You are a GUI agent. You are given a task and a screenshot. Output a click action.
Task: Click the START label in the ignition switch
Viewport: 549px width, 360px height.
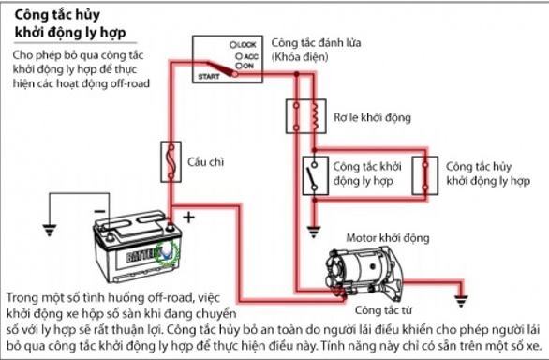coord(209,77)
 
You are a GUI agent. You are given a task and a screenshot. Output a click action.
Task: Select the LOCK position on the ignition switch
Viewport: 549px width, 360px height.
coord(243,45)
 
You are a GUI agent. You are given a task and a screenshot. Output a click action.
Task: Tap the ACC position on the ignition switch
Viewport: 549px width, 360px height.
coord(247,56)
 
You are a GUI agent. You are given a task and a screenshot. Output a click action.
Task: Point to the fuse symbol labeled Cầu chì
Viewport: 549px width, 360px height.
coord(171,161)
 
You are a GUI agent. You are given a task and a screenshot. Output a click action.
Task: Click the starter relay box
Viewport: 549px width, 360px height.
coord(306,116)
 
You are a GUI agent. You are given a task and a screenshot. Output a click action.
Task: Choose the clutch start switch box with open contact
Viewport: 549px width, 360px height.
coord(315,175)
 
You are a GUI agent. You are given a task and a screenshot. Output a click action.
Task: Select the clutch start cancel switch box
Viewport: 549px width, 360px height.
coord(424,175)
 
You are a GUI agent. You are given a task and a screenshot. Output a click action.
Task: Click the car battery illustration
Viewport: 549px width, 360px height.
coord(137,246)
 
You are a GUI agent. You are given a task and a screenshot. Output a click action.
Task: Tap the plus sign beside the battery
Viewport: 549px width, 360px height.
coord(188,217)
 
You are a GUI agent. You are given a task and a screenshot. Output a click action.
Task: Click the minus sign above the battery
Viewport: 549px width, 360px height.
coord(100,211)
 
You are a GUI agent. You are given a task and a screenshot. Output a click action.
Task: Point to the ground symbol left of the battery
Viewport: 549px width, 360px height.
coord(50,230)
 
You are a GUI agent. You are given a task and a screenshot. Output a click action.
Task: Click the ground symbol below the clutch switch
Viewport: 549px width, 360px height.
coord(314,232)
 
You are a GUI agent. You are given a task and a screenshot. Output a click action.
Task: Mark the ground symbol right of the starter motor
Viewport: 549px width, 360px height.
coord(462,302)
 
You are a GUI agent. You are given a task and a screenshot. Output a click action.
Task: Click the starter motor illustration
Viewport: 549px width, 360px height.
coord(364,275)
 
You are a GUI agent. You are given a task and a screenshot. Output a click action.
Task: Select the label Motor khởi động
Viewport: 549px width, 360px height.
coord(388,238)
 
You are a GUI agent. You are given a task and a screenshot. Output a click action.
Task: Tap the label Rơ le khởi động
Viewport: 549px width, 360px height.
coord(372,117)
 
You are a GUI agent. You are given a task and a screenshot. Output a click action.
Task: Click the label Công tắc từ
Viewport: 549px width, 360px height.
coord(383,310)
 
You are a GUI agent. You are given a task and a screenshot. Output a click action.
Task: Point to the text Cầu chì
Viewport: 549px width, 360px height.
coord(205,161)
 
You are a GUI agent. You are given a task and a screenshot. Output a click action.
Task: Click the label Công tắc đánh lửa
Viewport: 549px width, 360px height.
coord(316,43)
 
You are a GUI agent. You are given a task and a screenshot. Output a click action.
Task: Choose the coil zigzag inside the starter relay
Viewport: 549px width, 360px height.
coord(315,115)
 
